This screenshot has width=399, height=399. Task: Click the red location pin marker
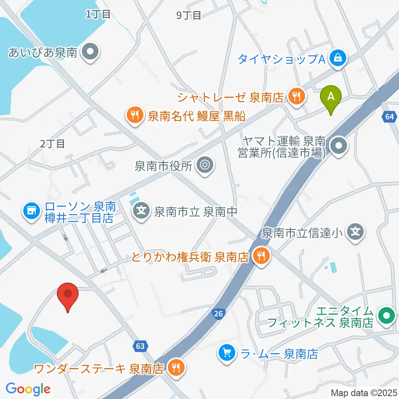(x=67, y=295)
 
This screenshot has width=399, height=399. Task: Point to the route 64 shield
(x=389, y=117)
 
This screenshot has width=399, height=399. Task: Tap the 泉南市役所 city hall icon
(x=205, y=166)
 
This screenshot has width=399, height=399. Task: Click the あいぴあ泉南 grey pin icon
(x=89, y=53)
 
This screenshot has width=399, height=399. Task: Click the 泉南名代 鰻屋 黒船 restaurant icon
(x=135, y=115)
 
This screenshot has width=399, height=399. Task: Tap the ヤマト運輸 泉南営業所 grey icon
(x=340, y=146)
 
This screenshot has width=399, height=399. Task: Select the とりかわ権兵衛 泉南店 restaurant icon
(x=261, y=256)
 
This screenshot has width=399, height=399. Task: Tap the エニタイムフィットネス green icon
(x=387, y=316)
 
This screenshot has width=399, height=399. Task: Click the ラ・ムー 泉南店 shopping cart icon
(x=227, y=354)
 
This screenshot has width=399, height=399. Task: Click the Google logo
(x=28, y=389)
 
